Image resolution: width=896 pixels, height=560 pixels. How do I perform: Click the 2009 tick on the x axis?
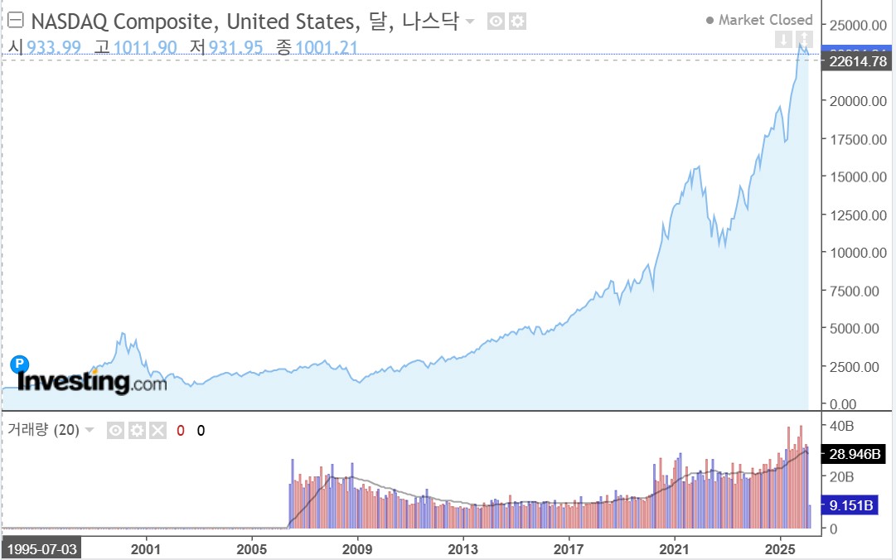click(357, 548)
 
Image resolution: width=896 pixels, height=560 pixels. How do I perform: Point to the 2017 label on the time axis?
click(569, 548)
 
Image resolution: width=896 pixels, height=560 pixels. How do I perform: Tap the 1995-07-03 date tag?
click(41, 549)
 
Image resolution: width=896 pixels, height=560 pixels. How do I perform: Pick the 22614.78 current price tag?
click(857, 63)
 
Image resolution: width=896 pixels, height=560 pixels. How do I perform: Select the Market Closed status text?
click(765, 20)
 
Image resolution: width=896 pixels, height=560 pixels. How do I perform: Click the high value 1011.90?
click(145, 47)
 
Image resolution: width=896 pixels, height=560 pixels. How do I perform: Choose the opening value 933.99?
click(54, 47)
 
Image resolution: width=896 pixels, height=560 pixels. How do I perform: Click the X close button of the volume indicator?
click(157, 430)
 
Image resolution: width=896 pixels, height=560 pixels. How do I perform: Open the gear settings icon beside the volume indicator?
click(137, 430)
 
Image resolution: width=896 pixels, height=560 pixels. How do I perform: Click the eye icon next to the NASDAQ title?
click(496, 22)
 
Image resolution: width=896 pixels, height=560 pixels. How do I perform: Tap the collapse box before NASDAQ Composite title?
click(15, 21)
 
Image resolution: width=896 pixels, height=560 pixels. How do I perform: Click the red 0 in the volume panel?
click(181, 430)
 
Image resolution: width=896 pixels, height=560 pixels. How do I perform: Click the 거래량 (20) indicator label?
click(43, 430)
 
